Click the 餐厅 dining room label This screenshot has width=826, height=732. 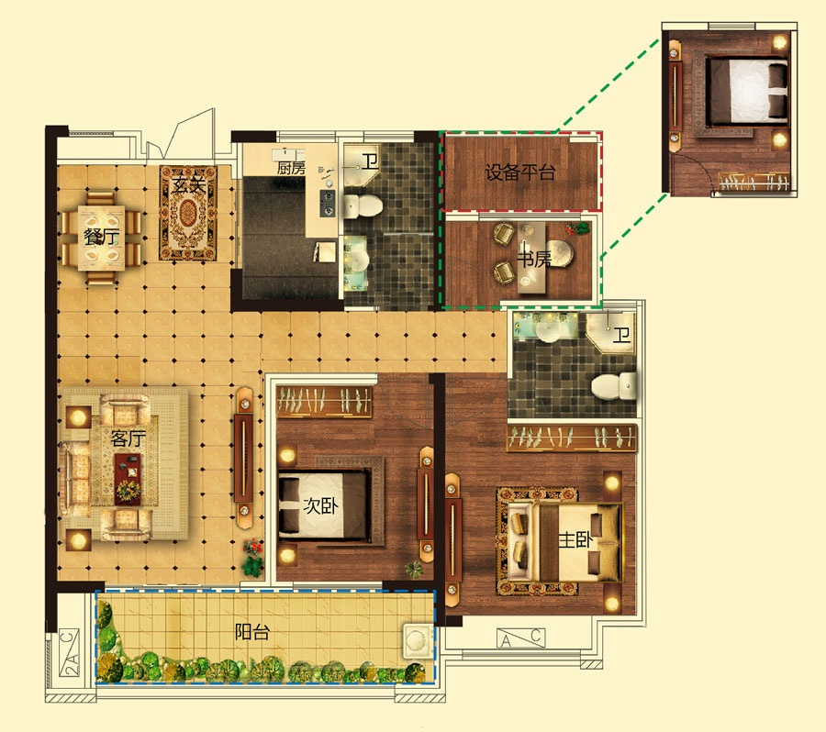tap(102, 237)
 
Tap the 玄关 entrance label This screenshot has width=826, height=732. tap(188, 185)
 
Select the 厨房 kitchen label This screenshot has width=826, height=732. tap(291, 168)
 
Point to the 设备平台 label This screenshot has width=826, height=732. tap(520, 172)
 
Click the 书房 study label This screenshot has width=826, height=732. tap(534, 259)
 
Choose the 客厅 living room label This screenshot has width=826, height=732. tap(128, 438)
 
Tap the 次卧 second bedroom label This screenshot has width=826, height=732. tap(320, 506)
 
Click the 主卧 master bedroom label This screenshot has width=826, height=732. tap(575, 539)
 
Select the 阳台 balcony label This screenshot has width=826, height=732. tap(252, 631)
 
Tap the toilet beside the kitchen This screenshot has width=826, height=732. tap(363, 205)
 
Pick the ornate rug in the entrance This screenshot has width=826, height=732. tap(188, 214)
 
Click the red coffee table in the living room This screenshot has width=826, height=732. tap(128, 480)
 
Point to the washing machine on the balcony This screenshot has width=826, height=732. tap(418, 640)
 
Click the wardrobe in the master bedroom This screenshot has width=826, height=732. tap(572, 438)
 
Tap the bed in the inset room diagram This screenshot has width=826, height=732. tap(746, 90)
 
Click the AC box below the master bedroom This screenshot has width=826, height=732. tap(521, 638)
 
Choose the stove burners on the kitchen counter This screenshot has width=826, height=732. tap(328, 204)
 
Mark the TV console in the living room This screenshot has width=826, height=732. tap(243, 458)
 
